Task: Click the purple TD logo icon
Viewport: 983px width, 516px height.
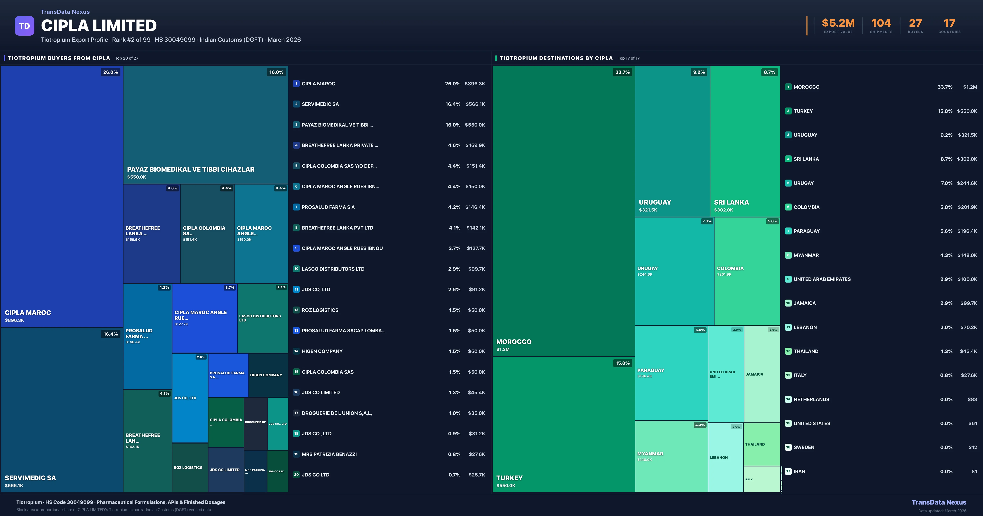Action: click(24, 26)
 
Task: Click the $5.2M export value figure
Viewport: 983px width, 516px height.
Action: click(838, 23)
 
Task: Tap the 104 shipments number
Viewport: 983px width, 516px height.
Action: click(881, 23)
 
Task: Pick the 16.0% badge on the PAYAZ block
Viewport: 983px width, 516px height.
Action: click(276, 72)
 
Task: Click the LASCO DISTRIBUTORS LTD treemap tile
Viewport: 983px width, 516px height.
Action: click(263, 318)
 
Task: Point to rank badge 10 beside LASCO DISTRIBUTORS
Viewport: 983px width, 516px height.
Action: click(296, 269)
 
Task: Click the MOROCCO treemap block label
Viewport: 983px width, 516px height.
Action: click(514, 342)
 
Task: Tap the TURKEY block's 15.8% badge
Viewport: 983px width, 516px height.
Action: click(622, 363)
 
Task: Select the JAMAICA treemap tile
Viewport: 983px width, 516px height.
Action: click(762, 374)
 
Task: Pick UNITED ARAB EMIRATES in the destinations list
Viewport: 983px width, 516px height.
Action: click(822, 279)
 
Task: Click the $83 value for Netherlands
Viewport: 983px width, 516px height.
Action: click(972, 399)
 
